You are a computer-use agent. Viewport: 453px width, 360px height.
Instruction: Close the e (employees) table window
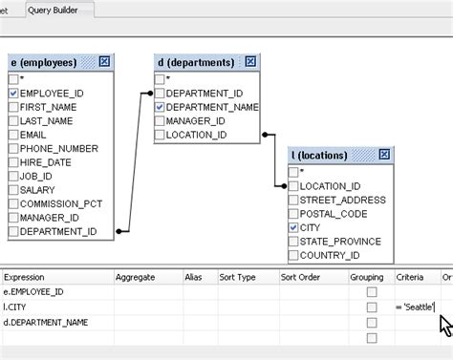pyautogui.click(x=104, y=62)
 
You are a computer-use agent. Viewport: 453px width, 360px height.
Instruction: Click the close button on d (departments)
pyautogui.click(x=250, y=62)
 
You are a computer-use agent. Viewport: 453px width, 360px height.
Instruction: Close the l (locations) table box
pyautogui.click(x=384, y=155)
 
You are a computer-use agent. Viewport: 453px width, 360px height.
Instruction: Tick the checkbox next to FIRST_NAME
pyautogui.click(x=13, y=108)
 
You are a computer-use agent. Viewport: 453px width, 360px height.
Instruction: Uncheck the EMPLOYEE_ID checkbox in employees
pyautogui.click(x=13, y=94)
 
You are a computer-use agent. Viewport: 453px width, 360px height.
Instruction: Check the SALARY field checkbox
pyautogui.click(x=13, y=190)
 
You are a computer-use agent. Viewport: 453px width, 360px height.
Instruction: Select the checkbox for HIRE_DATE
pyautogui.click(x=13, y=162)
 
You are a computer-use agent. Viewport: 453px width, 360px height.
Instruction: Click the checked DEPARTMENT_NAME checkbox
pyautogui.click(x=160, y=108)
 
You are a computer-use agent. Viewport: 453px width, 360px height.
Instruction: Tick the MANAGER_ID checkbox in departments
pyautogui.click(x=160, y=121)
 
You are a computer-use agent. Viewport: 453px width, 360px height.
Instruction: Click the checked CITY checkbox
pyautogui.click(x=293, y=228)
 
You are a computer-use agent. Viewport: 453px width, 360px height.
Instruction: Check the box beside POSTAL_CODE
pyautogui.click(x=293, y=214)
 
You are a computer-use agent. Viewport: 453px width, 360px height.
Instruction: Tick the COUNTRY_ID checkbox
pyautogui.click(x=293, y=256)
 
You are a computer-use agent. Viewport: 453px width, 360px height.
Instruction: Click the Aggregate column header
pyautogui.click(x=136, y=277)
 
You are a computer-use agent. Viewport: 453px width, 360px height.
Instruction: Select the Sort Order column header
pyautogui.click(x=300, y=277)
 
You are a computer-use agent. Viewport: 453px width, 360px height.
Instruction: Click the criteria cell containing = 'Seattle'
pyautogui.click(x=415, y=307)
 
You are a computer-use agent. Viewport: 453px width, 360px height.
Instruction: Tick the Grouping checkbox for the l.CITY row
pyautogui.click(x=372, y=307)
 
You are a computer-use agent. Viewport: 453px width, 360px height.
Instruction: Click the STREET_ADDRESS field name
pyautogui.click(x=342, y=201)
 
